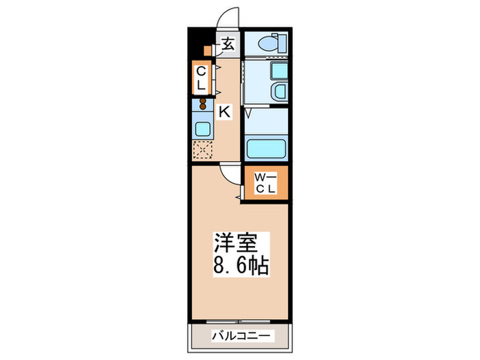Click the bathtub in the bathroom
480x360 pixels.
click(266, 147)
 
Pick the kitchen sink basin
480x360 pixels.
click(204, 128)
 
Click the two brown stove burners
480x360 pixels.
click(203, 104)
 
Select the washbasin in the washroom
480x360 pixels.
click(279, 92)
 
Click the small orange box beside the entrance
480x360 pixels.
click(207, 50)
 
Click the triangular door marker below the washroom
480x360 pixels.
click(247, 111)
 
